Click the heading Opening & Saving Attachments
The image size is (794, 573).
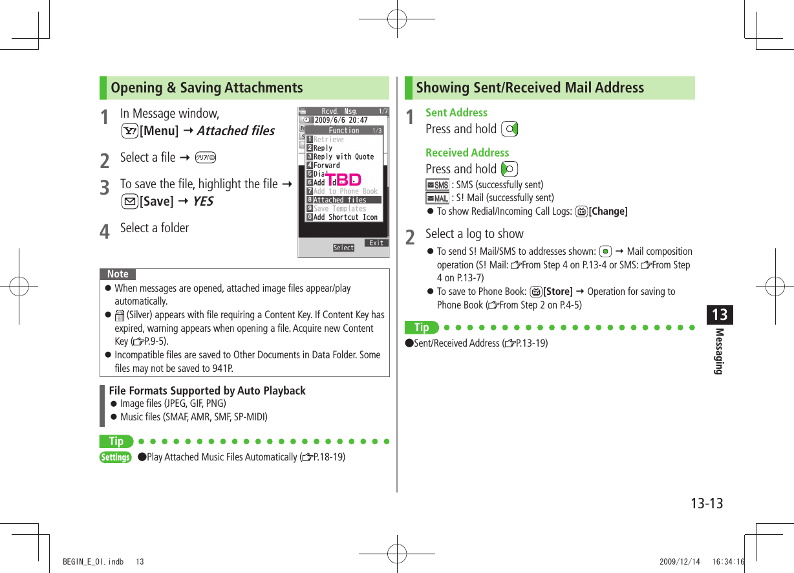(207, 88)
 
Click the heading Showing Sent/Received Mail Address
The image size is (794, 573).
(530, 88)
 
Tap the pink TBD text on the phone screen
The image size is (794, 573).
(343, 179)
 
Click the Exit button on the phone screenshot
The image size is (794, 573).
(376, 243)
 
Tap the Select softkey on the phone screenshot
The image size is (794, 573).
(343, 248)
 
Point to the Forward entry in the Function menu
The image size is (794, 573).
(327, 166)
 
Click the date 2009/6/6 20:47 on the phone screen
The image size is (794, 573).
(341, 120)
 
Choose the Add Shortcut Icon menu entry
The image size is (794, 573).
(345, 217)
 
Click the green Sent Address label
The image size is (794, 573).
(456, 113)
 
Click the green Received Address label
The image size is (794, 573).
(467, 153)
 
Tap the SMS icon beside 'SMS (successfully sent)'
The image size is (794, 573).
(438, 185)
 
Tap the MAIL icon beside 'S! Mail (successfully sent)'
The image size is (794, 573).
(438, 198)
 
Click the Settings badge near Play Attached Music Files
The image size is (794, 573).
(116, 457)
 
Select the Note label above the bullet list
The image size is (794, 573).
(118, 274)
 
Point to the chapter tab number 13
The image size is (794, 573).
(720, 315)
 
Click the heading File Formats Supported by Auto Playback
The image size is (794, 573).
(208, 391)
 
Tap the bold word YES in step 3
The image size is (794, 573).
(202, 201)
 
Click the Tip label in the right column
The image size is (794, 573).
(422, 327)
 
